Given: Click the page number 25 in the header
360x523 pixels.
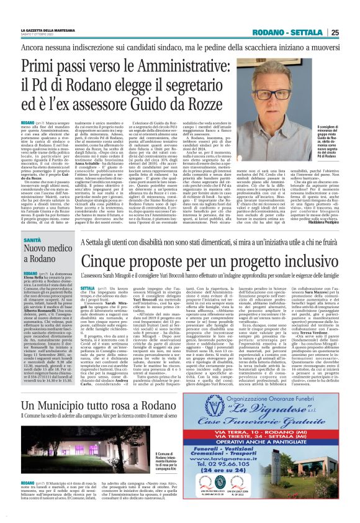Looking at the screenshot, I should [x=351, y=32].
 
